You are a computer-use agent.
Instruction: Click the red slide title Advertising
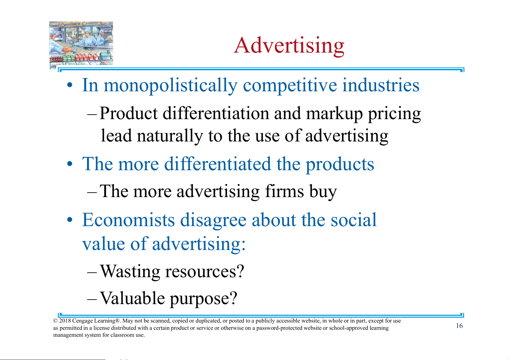(x=289, y=45)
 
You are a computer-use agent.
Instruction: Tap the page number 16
(x=459, y=326)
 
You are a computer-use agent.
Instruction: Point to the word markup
(x=334, y=114)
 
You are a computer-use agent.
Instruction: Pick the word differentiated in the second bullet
(x=217, y=164)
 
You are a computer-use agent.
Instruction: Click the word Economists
(x=128, y=220)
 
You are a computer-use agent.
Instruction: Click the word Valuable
(x=133, y=298)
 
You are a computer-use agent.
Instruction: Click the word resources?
(x=205, y=271)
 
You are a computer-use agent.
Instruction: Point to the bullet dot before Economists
(x=70, y=220)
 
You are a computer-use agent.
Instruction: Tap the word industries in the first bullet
(x=381, y=85)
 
